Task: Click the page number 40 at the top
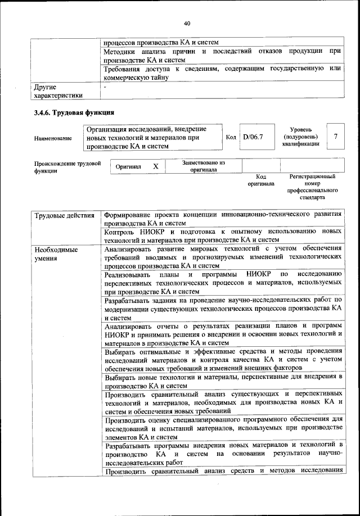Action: [187, 23]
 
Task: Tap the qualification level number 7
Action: [335, 137]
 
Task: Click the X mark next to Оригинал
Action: [156, 167]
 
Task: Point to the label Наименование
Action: [53, 138]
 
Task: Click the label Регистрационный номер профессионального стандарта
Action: [312, 187]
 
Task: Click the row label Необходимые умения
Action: [55, 254]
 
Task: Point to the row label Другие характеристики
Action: [58, 91]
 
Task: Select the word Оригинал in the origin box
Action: [128, 168]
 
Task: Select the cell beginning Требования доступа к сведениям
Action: [223, 73]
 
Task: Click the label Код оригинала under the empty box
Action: [260, 180]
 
